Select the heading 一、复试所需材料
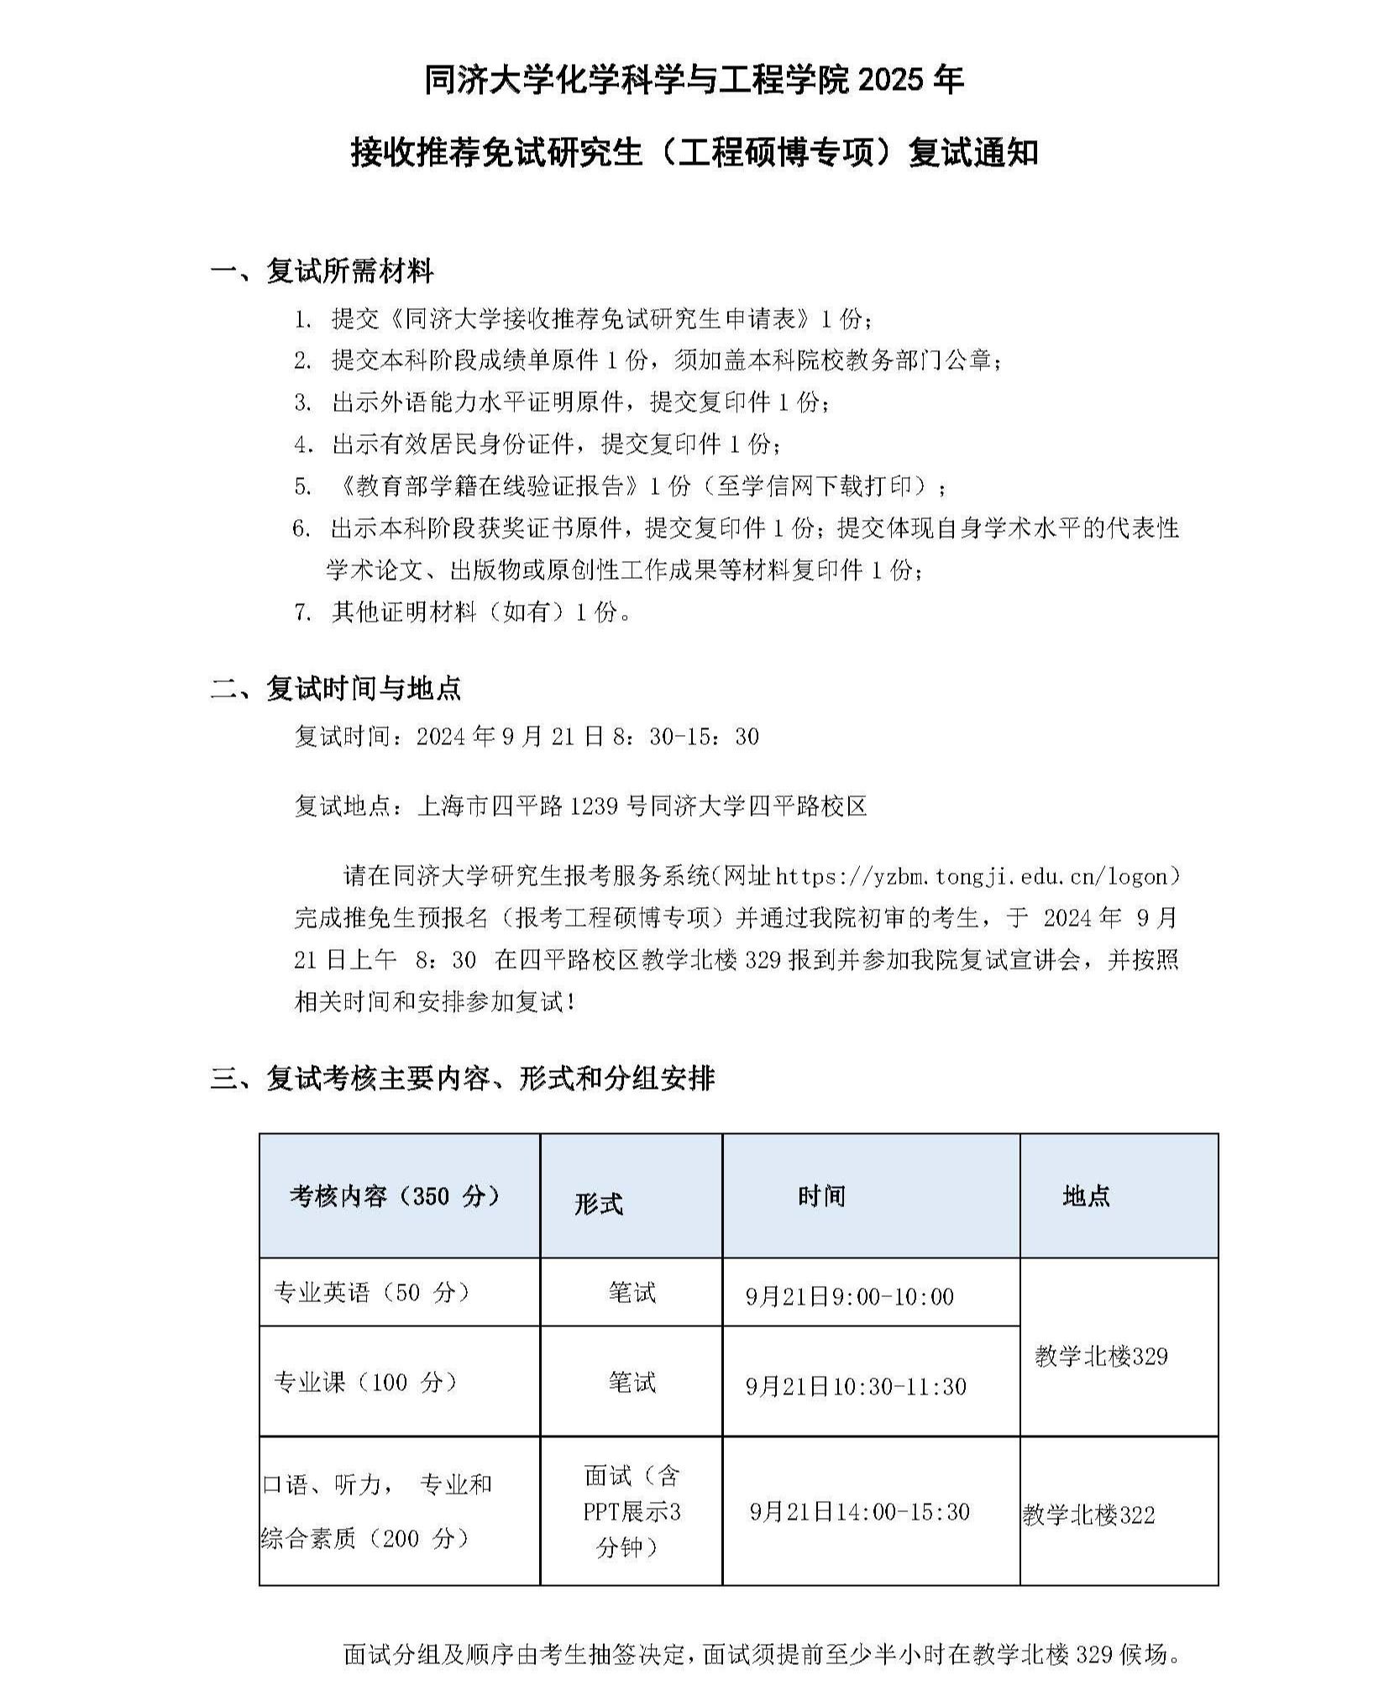click(x=322, y=271)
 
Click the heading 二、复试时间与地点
click(x=336, y=689)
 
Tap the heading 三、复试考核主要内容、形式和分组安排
click(x=463, y=1078)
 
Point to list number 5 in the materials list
click(x=302, y=486)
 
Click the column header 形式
click(x=598, y=1204)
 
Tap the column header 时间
click(x=821, y=1196)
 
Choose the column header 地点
click(x=1086, y=1196)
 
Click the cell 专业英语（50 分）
click(x=372, y=1292)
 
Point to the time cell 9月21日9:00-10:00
click(x=849, y=1296)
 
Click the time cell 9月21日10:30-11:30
click(x=856, y=1386)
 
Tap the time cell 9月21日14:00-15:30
click(x=859, y=1512)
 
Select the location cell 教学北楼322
click(x=1088, y=1515)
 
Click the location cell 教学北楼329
click(x=1101, y=1356)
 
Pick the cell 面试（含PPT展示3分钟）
click(x=632, y=1511)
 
